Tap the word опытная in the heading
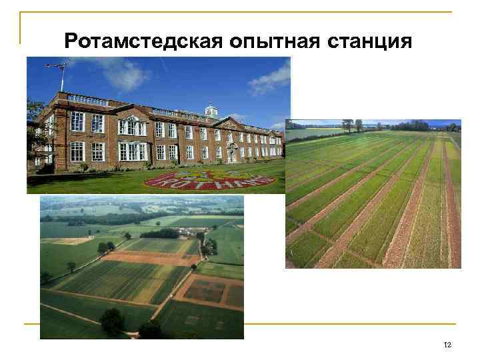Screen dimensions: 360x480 274,41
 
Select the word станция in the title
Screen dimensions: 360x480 371,41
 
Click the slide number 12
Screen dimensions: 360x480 447,344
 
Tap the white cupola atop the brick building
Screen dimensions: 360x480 211,110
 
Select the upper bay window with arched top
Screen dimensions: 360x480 131,125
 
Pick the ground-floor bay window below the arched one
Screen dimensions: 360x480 131,152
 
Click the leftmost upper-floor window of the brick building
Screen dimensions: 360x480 77,121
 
